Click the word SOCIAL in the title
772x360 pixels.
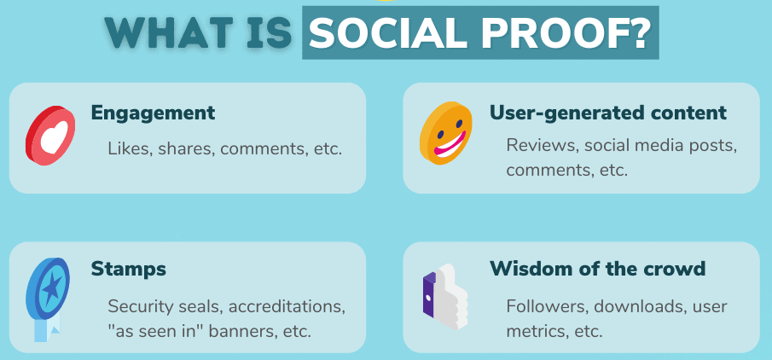(x=389, y=33)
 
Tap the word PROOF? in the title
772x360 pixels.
(x=566, y=33)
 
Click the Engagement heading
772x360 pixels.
(x=153, y=113)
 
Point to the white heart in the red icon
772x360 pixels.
(x=53, y=137)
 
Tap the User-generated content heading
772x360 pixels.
(x=607, y=113)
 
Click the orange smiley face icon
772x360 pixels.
(x=445, y=133)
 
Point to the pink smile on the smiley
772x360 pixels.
(x=450, y=143)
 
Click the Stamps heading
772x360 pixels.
(x=129, y=269)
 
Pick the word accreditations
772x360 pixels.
(x=287, y=306)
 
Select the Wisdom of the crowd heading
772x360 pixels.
(x=597, y=269)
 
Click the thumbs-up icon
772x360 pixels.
(x=445, y=297)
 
